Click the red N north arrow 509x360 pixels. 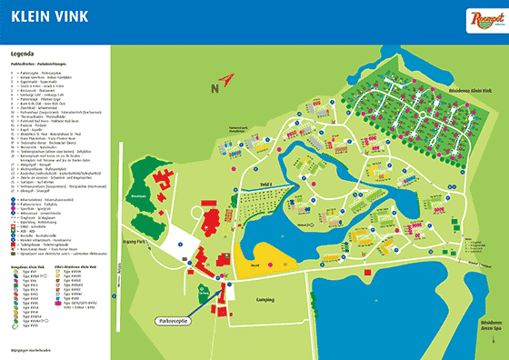pyautogui.click(x=216, y=86)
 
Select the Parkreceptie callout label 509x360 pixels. pyautogui.click(x=167, y=321)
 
